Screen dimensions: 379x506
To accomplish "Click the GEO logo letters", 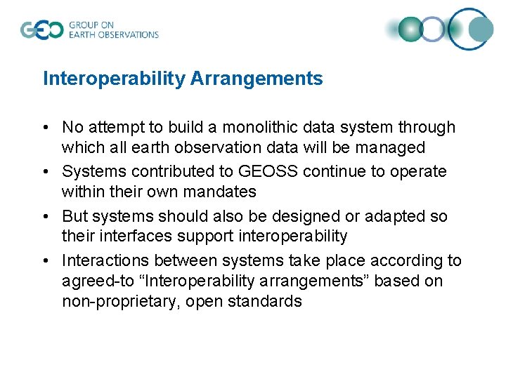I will (42, 30).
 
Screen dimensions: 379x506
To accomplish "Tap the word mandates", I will (221, 192).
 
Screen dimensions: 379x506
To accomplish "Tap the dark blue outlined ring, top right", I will (471, 29).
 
